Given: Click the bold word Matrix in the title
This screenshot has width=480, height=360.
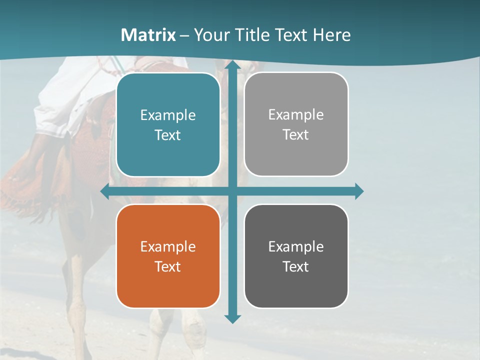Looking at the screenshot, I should (148, 35).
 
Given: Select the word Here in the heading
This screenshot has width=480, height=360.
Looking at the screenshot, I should (331, 35).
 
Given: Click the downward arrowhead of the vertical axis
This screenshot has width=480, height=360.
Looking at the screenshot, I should (232, 318).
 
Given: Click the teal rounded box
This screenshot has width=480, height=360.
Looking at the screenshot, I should (168, 125).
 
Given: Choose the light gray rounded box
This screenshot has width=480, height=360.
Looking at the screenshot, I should (296, 124).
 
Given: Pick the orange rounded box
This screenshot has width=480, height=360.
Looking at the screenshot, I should (168, 256).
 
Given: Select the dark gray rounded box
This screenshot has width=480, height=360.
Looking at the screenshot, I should (296, 256).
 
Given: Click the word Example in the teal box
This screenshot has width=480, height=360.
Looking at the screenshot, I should (168, 115).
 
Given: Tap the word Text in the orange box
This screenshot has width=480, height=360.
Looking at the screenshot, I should (168, 266).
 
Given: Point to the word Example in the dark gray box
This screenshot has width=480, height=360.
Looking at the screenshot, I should (296, 246).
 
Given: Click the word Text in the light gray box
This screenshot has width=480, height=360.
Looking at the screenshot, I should (296, 135).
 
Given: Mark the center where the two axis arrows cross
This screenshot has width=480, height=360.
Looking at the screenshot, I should (232, 191).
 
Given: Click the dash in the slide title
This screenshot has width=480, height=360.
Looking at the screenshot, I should (184, 35).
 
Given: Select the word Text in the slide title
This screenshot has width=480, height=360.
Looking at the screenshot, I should (289, 35).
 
